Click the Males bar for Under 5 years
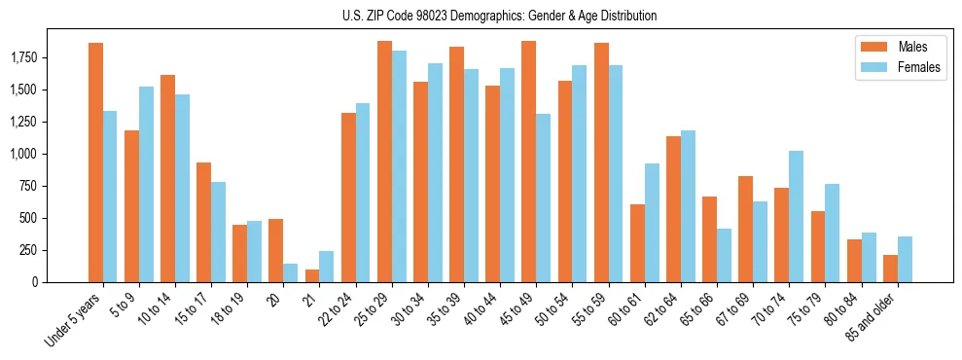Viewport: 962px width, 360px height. [x=95, y=162]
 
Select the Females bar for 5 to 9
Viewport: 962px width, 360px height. [x=146, y=184]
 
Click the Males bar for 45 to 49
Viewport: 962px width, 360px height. [x=528, y=162]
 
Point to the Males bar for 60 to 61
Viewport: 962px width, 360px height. [x=637, y=243]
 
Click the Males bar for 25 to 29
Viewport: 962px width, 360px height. [x=384, y=162]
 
